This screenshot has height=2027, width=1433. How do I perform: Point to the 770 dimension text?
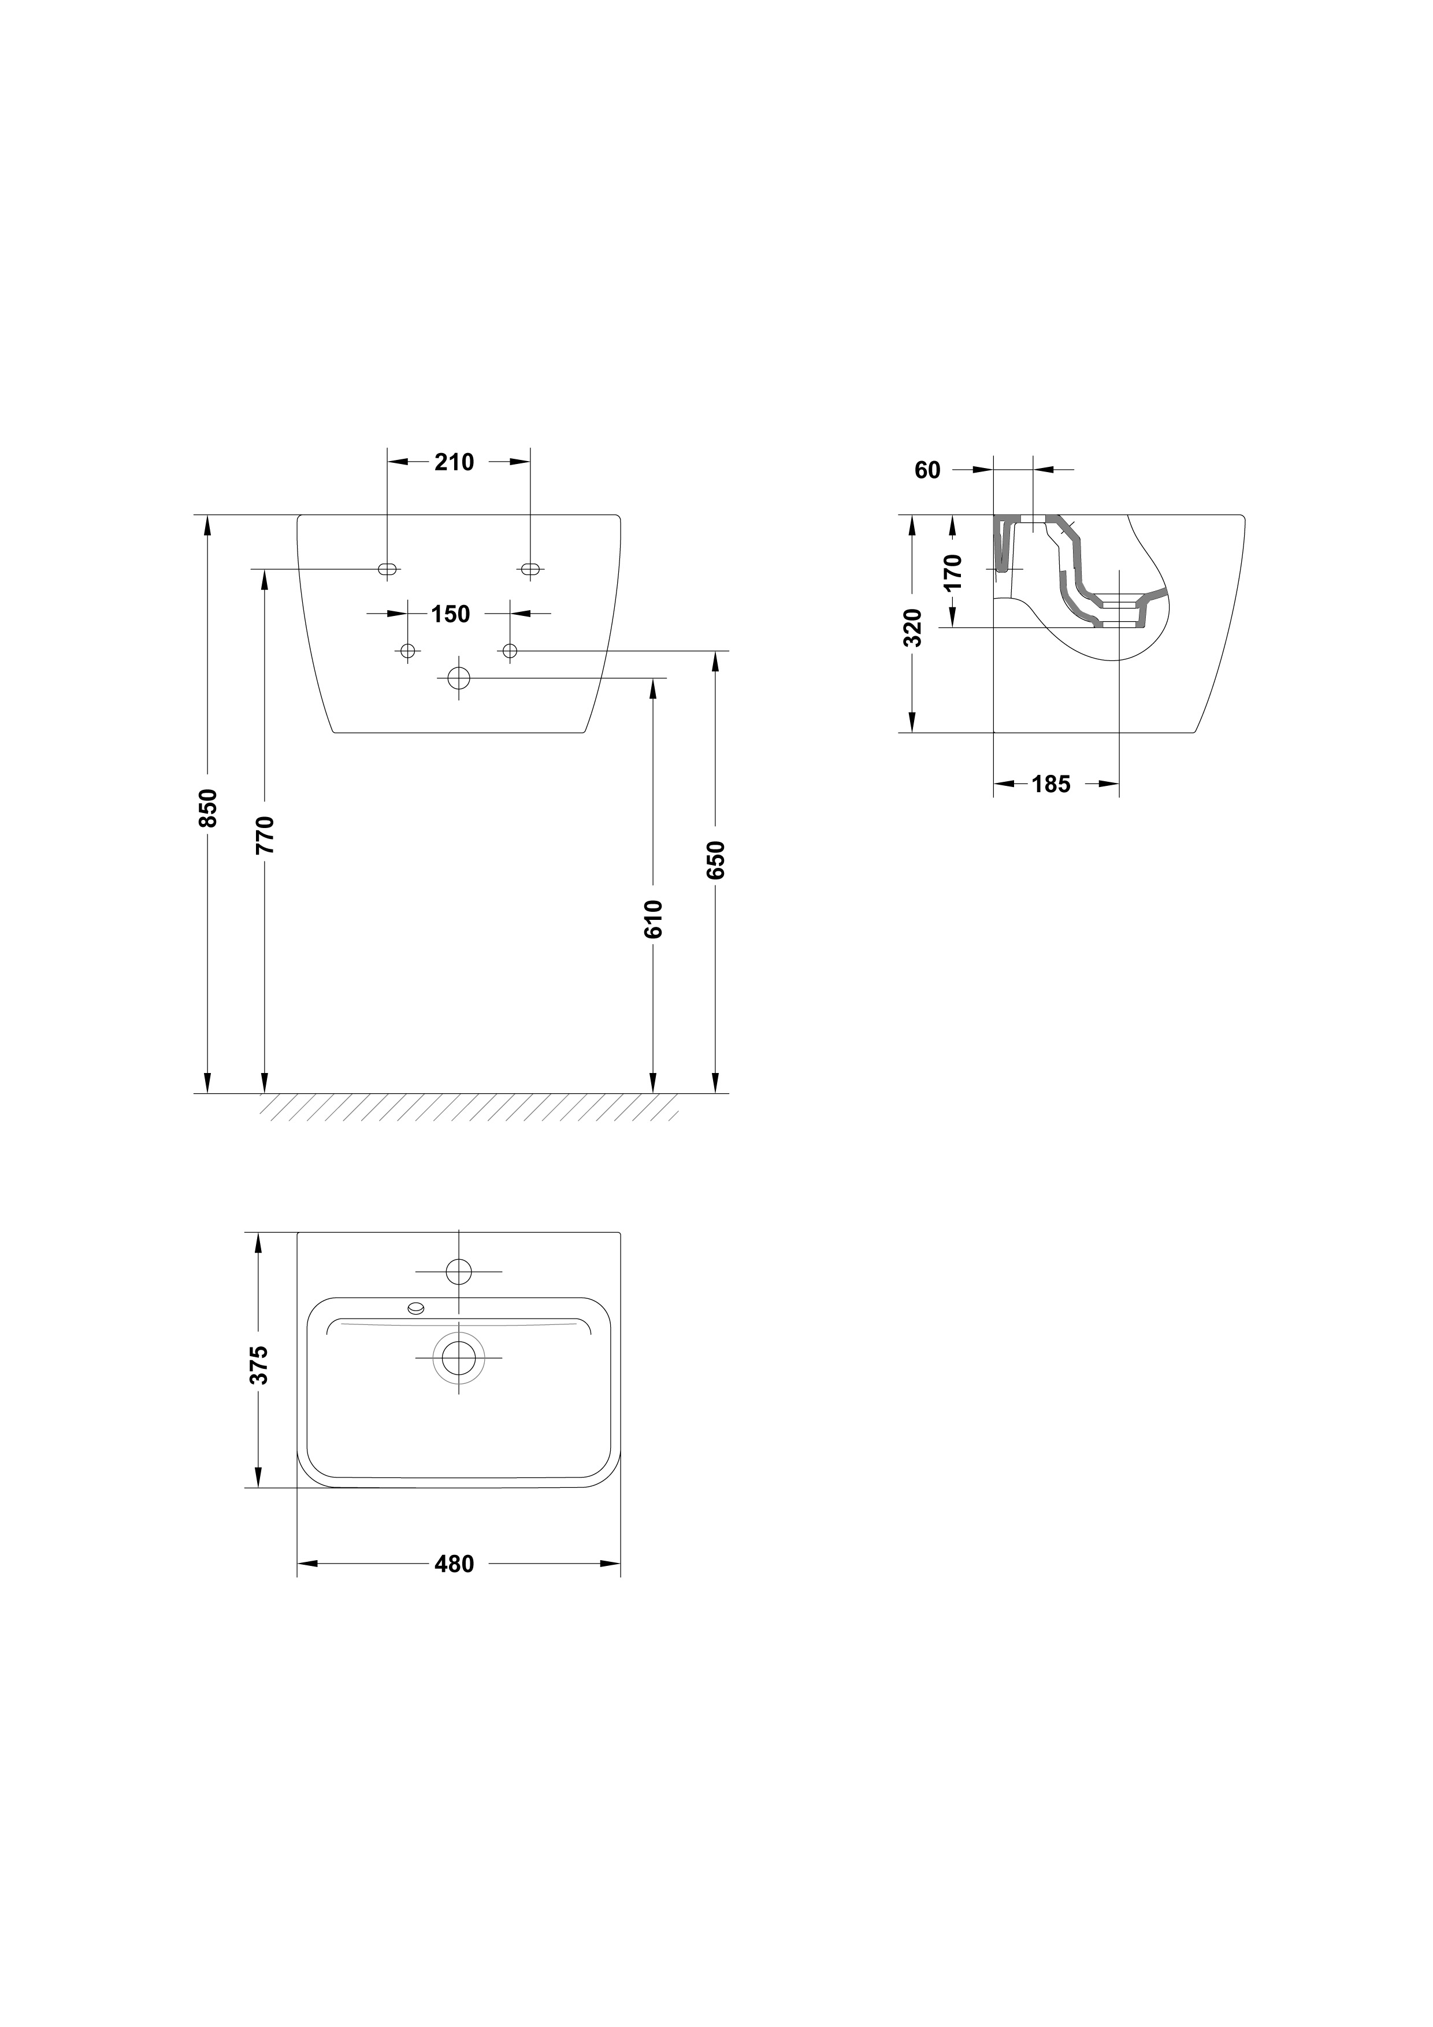pos(265,835)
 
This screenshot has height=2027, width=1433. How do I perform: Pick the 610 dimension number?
pos(654,919)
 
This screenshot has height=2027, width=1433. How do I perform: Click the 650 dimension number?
pos(716,860)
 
